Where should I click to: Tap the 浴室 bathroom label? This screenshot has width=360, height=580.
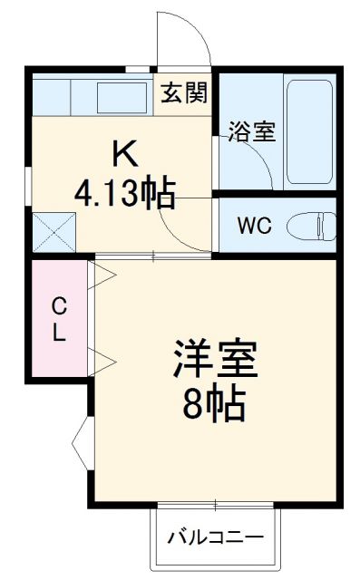(x=251, y=132)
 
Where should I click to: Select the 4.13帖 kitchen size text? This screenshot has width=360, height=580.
(x=124, y=194)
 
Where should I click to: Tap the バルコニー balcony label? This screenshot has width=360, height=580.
(x=216, y=537)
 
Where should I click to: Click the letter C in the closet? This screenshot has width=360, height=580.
(x=57, y=304)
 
